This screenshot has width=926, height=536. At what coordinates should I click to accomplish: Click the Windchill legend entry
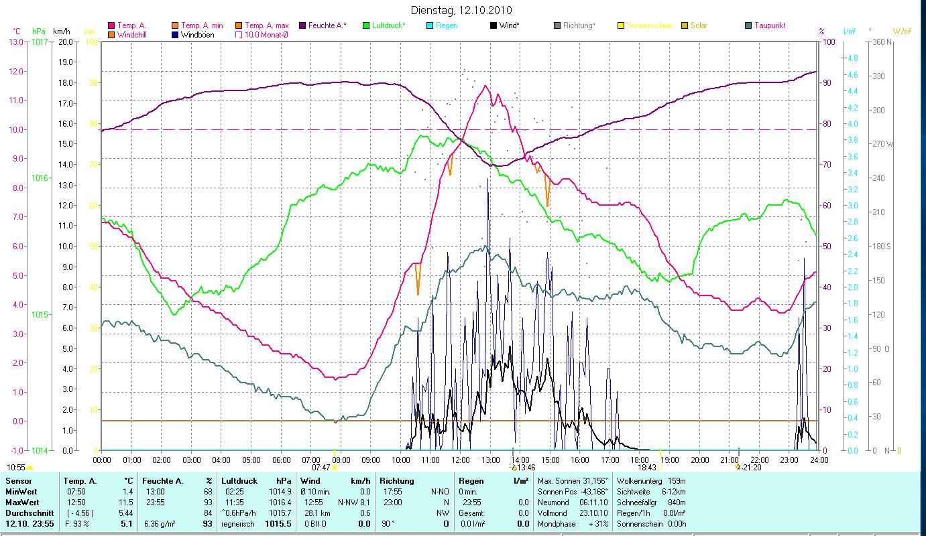click(135, 34)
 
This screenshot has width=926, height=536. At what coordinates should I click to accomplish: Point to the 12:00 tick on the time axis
click(461, 460)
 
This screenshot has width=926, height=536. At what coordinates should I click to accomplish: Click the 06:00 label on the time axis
click(282, 460)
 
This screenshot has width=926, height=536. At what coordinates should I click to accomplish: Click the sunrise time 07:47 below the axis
click(321, 468)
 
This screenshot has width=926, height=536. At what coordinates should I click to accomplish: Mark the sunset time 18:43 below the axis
click(647, 468)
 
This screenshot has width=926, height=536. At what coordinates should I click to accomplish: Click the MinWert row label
click(19, 491)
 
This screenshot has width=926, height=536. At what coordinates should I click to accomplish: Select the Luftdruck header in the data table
click(239, 481)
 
